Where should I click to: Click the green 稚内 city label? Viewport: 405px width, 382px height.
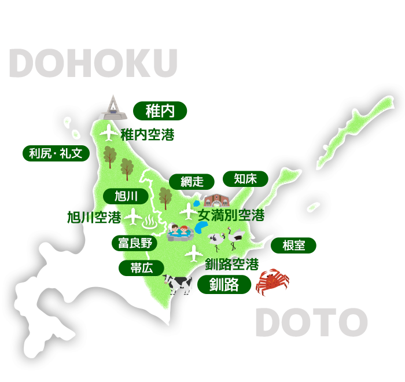pyautogui.click(x=160, y=110)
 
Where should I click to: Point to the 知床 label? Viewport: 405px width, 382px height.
pyautogui.click(x=246, y=178)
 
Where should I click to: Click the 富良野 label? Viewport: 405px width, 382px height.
pyautogui.click(x=135, y=243)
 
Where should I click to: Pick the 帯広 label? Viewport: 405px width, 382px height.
pyautogui.click(x=141, y=268)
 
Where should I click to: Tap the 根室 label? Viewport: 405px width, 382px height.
pyautogui.click(x=294, y=245)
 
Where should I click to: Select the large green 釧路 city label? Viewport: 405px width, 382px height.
pyautogui.click(x=224, y=285)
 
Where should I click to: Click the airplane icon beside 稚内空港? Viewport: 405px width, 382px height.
pyautogui.click(x=109, y=133)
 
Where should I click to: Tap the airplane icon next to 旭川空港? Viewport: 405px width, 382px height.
pyautogui.click(x=133, y=217)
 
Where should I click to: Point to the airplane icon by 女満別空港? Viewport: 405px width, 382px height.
pyautogui.click(x=188, y=211)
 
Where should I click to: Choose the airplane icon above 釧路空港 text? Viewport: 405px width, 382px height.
pyautogui.click(x=193, y=253)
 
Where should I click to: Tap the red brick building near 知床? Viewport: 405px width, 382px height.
pyautogui.click(x=216, y=200)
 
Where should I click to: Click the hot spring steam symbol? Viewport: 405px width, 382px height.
pyautogui.click(x=149, y=221)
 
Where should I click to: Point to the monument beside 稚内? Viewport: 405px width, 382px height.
pyautogui.click(x=113, y=108)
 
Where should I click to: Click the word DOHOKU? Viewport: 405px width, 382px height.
pyautogui.click(x=93, y=64)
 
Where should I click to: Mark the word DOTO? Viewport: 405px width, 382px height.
pyautogui.click(x=311, y=322)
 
